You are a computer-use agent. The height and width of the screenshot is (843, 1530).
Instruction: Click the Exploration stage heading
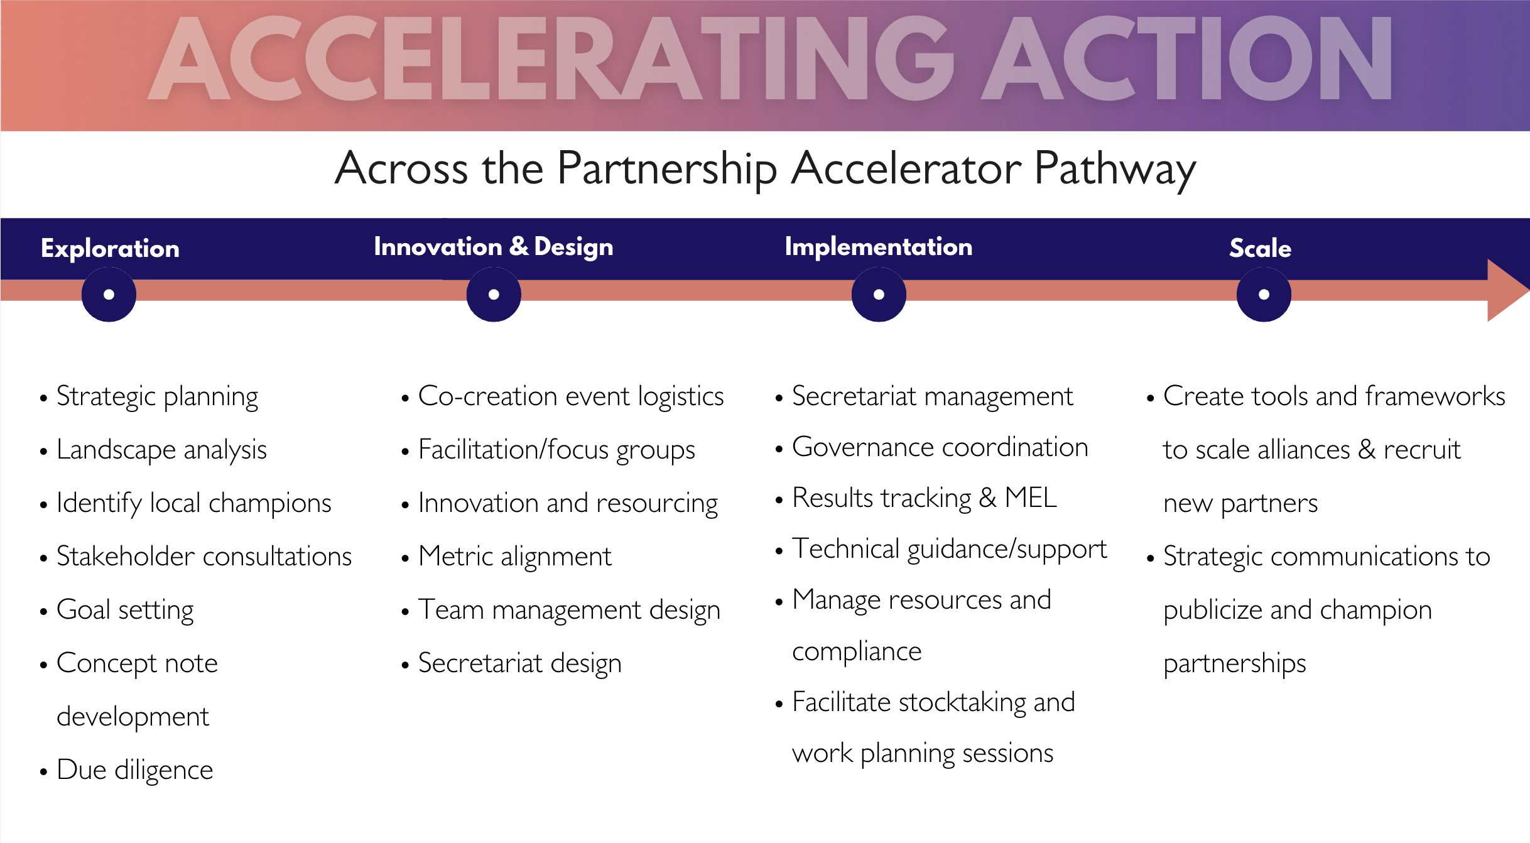coord(110,249)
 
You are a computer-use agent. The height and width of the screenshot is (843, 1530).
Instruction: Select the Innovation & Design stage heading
coord(493,247)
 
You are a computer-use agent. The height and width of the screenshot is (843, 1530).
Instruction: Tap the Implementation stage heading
coord(878,247)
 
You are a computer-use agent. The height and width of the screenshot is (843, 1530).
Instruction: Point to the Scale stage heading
coord(1260,249)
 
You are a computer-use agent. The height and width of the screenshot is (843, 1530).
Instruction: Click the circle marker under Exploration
coord(109,295)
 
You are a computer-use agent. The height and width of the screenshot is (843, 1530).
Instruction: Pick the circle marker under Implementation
coord(879,295)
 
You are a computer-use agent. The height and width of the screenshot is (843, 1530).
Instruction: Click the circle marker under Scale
coord(1264,295)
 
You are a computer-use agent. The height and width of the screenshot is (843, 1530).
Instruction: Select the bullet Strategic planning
coord(157,397)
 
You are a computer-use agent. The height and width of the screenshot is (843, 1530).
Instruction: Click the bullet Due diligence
coord(134,770)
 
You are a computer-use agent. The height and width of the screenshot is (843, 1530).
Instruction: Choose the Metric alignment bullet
coord(514,557)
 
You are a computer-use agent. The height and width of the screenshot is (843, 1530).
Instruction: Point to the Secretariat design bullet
coord(519,663)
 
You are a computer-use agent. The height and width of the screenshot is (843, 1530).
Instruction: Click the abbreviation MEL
coord(1031,498)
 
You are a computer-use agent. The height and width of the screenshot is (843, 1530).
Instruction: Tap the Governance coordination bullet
coord(940,447)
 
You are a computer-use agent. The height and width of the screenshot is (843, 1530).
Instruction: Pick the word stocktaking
coord(962,702)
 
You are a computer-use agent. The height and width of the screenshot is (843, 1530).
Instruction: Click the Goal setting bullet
coord(125,610)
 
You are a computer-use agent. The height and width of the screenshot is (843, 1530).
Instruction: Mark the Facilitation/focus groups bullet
coord(556,450)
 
